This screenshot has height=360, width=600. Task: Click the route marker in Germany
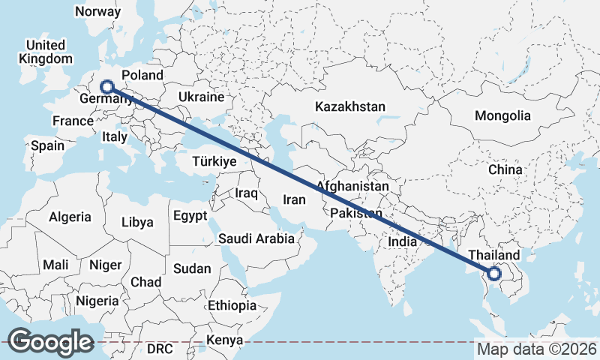[106, 86]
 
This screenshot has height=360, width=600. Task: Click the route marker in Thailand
[494, 274]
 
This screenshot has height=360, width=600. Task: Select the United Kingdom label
[46, 52]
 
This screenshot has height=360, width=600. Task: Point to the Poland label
[142, 75]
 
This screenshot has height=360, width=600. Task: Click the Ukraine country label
[201, 97]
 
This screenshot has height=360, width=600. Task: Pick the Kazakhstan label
[350, 106]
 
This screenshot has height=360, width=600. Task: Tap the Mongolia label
[502, 116]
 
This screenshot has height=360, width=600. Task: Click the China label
[505, 170]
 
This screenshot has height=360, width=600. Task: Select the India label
[402, 242]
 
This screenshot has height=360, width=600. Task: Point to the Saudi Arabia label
[256, 239]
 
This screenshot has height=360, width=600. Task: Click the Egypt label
[189, 216]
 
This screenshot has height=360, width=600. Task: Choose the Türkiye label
[214, 161]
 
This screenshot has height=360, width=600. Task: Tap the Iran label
[294, 199]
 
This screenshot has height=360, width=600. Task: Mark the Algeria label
[70, 217]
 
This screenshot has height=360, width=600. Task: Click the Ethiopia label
[232, 305]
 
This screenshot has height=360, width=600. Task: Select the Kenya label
[226, 340]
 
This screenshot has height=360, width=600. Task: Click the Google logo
[51, 342]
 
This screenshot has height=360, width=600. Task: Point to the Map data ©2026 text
[537, 349]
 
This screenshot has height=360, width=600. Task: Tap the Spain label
[47, 145]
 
